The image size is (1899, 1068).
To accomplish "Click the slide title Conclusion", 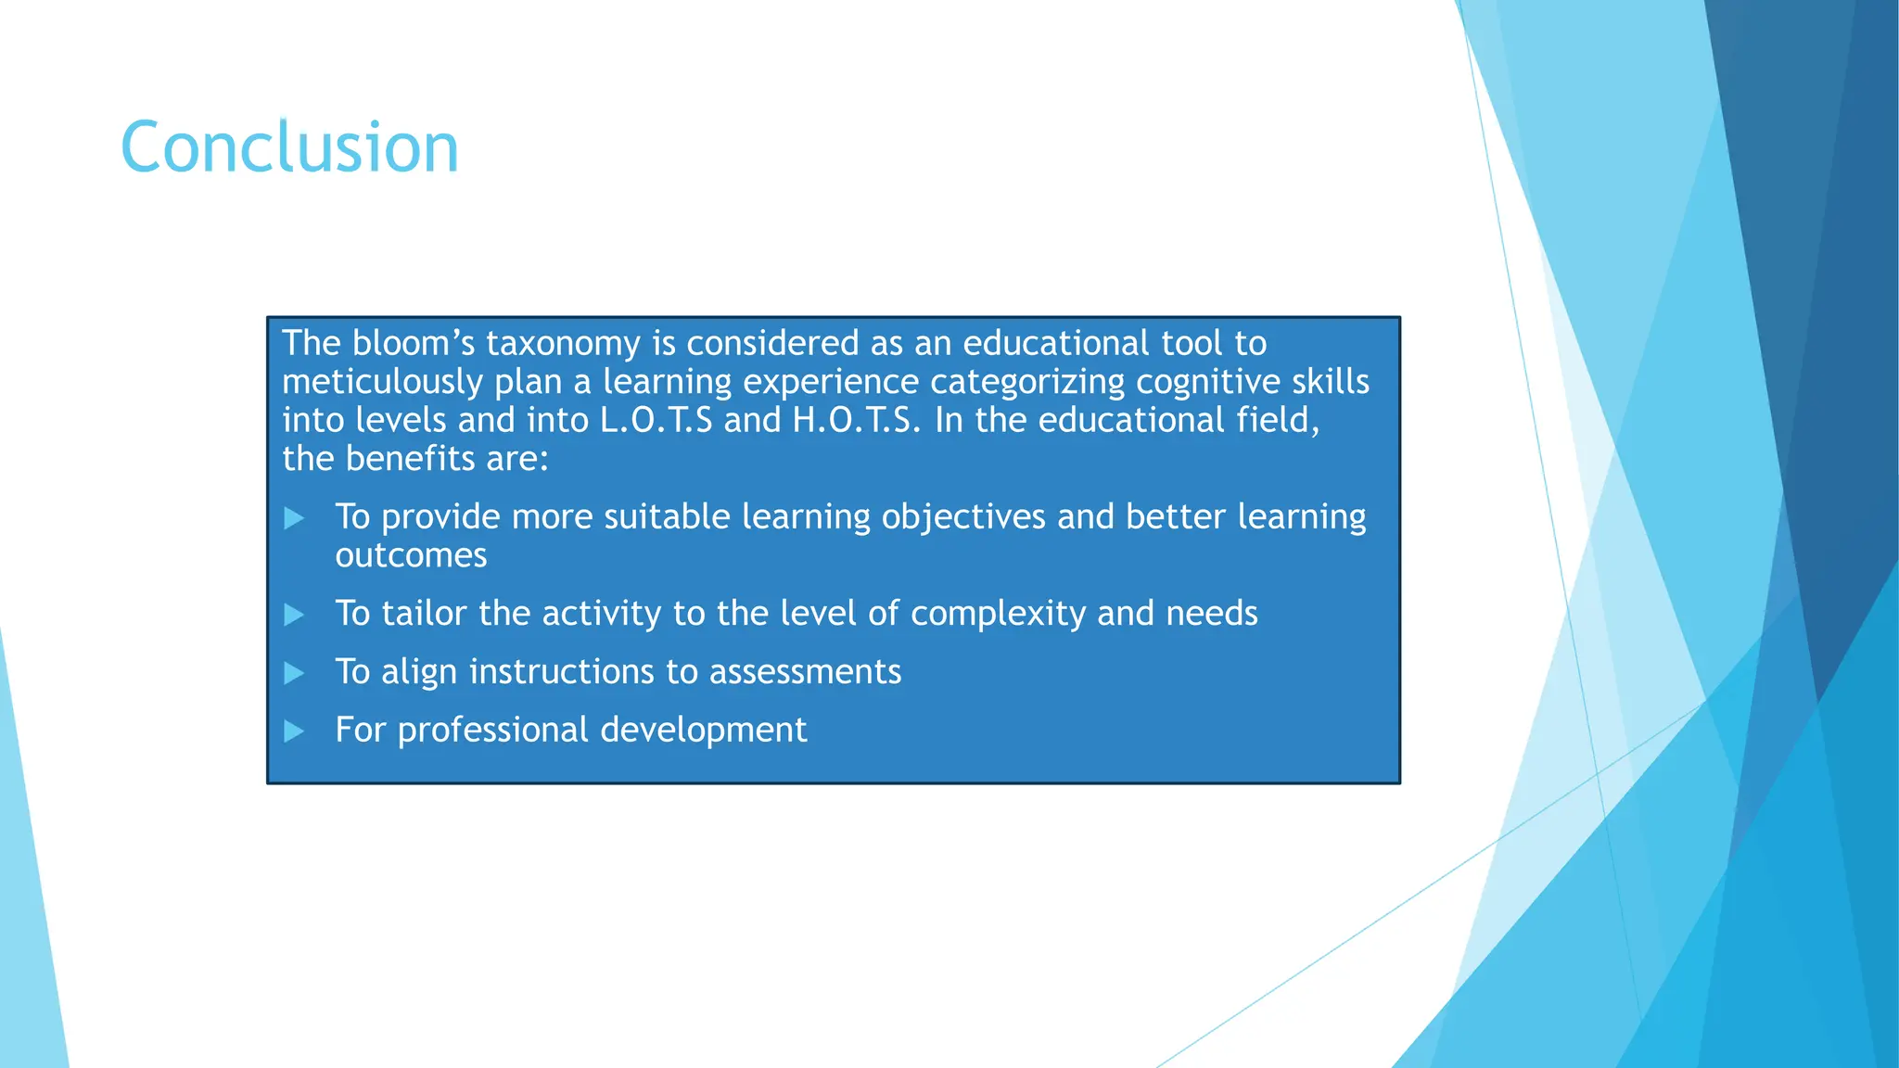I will pyautogui.click(x=289, y=147).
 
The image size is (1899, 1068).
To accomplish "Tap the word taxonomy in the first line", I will pyautogui.click(x=563, y=344).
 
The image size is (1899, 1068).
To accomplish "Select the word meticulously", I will pyautogui.click(x=383, y=382).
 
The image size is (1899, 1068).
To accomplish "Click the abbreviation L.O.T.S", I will pyautogui.click(x=656, y=420).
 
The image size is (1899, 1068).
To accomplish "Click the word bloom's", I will pyautogui.click(x=414, y=344).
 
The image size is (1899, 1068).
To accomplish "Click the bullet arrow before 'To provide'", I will pyautogui.click(x=294, y=518).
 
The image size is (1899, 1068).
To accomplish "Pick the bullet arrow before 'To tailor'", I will pyautogui.click(x=294, y=615).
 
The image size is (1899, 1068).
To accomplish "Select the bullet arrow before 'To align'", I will pyautogui.click(x=294, y=673).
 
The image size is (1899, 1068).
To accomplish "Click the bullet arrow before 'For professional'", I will pyautogui.click(x=294, y=731).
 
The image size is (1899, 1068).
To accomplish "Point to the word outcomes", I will pyautogui.click(x=411, y=556).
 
